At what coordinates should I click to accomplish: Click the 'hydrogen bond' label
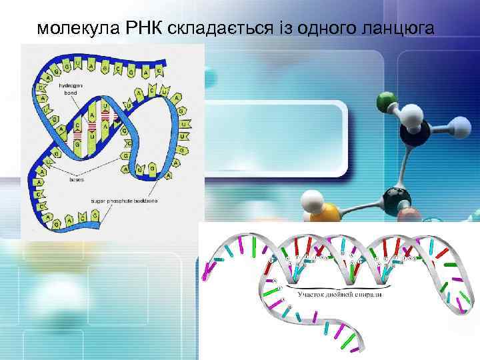tap(70, 89)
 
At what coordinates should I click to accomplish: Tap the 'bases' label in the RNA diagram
tap(75, 179)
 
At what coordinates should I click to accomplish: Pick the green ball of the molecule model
tap(386, 103)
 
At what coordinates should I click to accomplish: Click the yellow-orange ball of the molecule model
tap(327, 215)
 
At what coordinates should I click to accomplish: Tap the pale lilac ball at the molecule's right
tap(460, 126)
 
